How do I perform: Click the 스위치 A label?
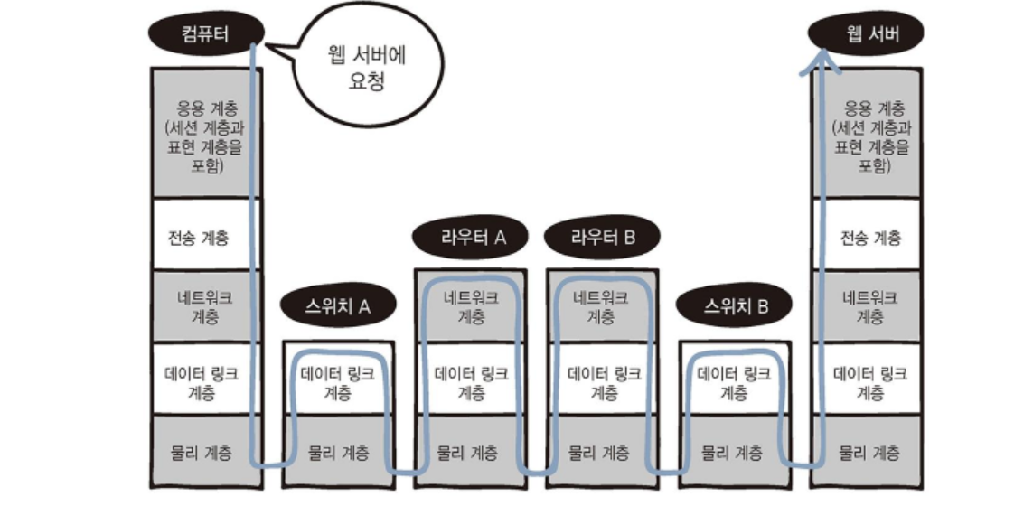tap(338, 306)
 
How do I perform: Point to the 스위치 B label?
tap(735, 306)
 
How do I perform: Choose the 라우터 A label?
tap(471, 238)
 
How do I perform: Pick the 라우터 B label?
tap(603, 238)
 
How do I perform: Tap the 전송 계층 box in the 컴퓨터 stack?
tap(202, 237)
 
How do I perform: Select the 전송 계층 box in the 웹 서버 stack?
tap(869, 237)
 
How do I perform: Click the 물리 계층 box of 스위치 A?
tap(338, 452)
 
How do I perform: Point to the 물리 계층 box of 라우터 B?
tap(602, 452)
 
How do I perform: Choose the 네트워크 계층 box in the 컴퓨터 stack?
tap(202, 306)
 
